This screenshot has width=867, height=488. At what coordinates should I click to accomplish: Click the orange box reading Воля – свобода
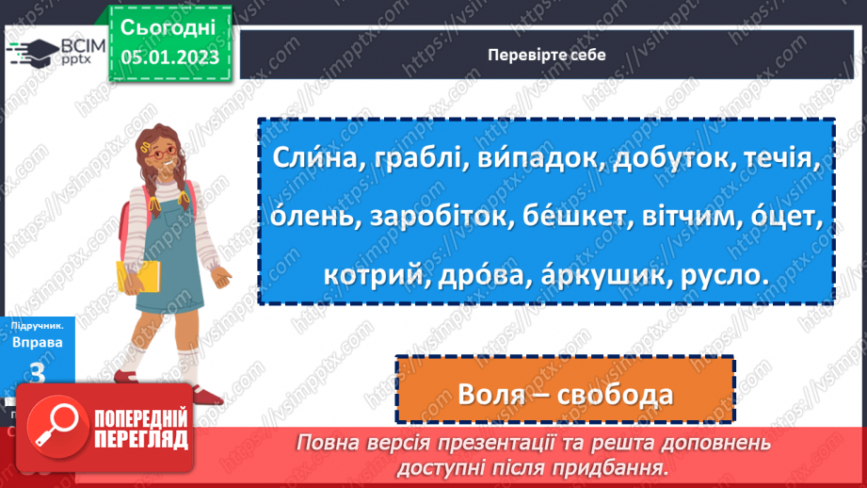[x=564, y=395]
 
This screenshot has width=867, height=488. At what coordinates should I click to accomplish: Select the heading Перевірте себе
[x=547, y=54]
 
